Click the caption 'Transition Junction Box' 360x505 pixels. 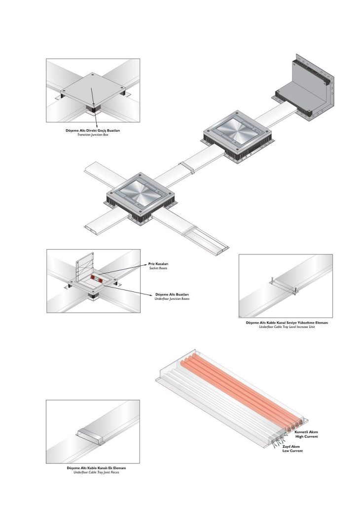tap(93, 135)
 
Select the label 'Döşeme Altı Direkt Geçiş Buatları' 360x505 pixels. tap(93, 130)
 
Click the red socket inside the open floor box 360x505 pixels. tap(97, 280)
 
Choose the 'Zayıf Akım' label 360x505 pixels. tap(291, 446)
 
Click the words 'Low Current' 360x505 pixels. tap(292, 451)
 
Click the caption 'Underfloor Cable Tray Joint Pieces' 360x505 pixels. tap(93, 472)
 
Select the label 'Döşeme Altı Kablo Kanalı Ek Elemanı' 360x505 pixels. tap(93, 468)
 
